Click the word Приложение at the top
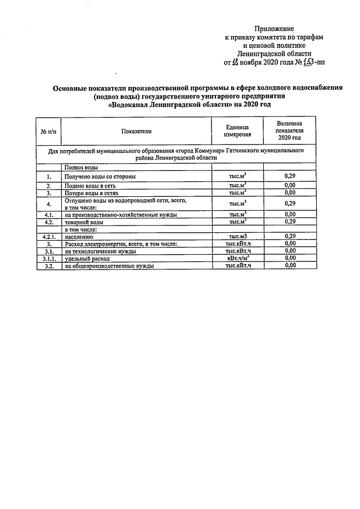point(274,28)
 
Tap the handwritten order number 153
point(307,62)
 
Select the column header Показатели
point(136,131)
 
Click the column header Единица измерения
point(237,131)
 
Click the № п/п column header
point(49,131)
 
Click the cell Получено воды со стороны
point(100,177)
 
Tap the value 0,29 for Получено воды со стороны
point(290,177)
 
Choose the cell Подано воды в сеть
point(90,185)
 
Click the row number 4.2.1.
point(49,236)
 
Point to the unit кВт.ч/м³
point(237,258)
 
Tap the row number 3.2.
point(49,266)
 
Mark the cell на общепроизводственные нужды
point(109,266)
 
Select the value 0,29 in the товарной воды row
point(290,222)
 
